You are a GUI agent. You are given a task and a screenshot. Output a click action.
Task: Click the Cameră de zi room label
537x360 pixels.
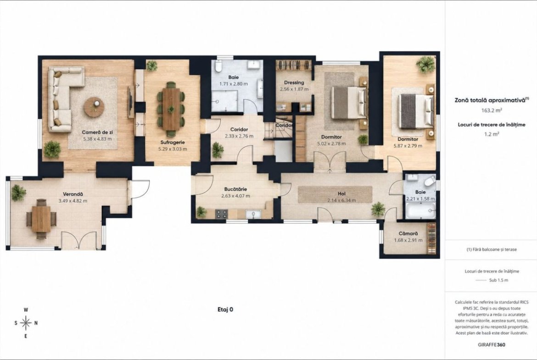coord(97,132)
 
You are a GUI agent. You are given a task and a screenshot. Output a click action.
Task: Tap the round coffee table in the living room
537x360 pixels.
coord(94,107)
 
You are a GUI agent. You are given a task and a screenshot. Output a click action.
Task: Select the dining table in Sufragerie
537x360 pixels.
coord(171,109)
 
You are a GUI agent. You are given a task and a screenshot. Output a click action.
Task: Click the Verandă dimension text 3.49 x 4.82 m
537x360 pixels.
coord(73,201)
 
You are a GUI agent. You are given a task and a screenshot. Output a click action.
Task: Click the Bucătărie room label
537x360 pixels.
coord(235,189)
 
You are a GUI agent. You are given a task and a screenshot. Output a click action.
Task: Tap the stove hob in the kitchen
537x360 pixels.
coord(221,214)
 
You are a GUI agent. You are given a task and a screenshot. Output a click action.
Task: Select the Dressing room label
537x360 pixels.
coord(294,83)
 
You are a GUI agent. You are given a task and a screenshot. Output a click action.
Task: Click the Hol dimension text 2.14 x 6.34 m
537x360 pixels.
coord(341,200)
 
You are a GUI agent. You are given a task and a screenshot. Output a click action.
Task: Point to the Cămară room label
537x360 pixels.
coord(408,234)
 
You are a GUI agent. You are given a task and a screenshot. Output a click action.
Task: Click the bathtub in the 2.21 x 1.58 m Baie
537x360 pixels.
coord(420,210)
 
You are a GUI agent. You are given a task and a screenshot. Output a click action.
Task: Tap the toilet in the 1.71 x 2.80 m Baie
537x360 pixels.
coord(218,67)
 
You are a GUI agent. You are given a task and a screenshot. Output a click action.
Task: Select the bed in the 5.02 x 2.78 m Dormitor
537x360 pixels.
coord(347,102)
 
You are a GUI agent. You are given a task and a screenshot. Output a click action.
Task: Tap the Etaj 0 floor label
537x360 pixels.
coord(225,310)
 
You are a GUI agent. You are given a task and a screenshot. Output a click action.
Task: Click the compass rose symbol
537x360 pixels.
coord(26,323)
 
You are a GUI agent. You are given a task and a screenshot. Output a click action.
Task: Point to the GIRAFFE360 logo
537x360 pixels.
coord(491,344)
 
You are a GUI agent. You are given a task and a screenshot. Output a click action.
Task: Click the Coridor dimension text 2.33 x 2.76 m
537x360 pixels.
coord(239,136)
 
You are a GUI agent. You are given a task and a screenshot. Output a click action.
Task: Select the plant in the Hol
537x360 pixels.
coord(378,208)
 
